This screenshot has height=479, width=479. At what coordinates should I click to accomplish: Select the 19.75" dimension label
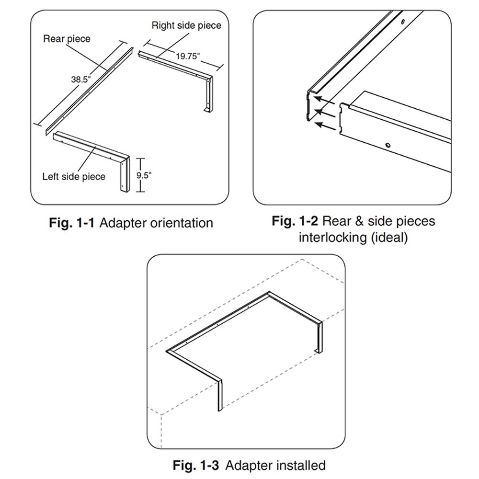[187, 56]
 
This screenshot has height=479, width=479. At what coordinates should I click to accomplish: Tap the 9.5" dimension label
[144, 175]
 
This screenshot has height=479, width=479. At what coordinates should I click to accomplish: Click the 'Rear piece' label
[67, 39]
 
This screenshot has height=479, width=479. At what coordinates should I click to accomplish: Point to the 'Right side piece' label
[186, 25]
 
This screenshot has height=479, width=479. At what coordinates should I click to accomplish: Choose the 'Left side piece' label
[74, 177]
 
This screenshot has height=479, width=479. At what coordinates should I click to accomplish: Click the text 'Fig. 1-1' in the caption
[73, 223]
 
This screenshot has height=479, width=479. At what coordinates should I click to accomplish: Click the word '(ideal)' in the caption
[389, 238]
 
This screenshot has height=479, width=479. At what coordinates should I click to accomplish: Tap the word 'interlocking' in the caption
[332, 238]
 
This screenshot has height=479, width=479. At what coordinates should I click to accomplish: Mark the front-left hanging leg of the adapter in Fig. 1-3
[219, 393]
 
